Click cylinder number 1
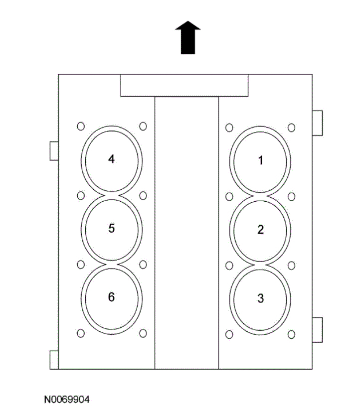[x=260, y=160]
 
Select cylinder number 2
[x=260, y=229]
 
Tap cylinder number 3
[x=260, y=298]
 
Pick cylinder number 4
[x=111, y=159]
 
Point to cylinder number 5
[x=111, y=228]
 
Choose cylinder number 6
[x=111, y=297]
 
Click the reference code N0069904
[x=66, y=400]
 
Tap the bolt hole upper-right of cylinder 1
[x=292, y=128]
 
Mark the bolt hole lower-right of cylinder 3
[x=292, y=333]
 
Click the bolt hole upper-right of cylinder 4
[x=143, y=126]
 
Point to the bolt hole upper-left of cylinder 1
[x=229, y=128]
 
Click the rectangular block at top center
[x=184, y=85]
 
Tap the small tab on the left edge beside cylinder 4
[x=54, y=150]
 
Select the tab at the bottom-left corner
[x=54, y=360]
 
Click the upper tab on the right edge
[x=317, y=123]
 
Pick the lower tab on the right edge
[x=317, y=329]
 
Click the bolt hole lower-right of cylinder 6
[x=143, y=333]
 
